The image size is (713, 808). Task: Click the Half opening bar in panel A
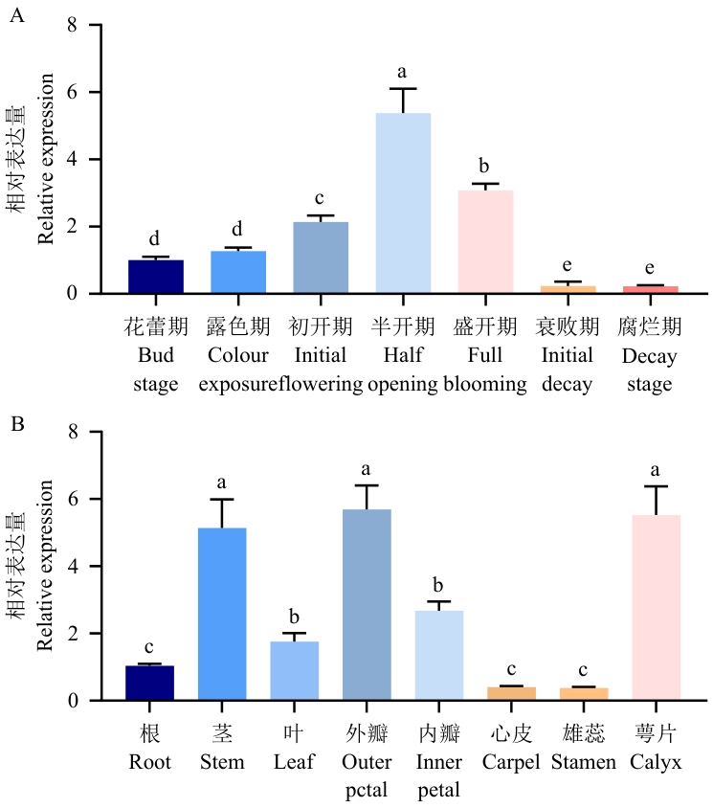click(x=402, y=203)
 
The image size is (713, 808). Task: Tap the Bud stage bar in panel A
click(x=156, y=277)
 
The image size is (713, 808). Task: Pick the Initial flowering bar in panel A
click(x=321, y=258)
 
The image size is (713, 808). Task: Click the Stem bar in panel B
click(x=222, y=614)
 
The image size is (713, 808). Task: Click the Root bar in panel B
click(x=150, y=683)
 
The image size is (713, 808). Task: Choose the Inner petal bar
click(x=438, y=656)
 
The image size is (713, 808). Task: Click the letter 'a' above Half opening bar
click(x=402, y=72)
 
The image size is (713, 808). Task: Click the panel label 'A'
click(x=15, y=15)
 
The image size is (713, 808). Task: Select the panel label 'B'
click(x=15, y=420)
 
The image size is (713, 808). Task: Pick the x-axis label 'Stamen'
click(x=583, y=762)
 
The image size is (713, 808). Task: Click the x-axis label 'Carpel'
click(x=510, y=762)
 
